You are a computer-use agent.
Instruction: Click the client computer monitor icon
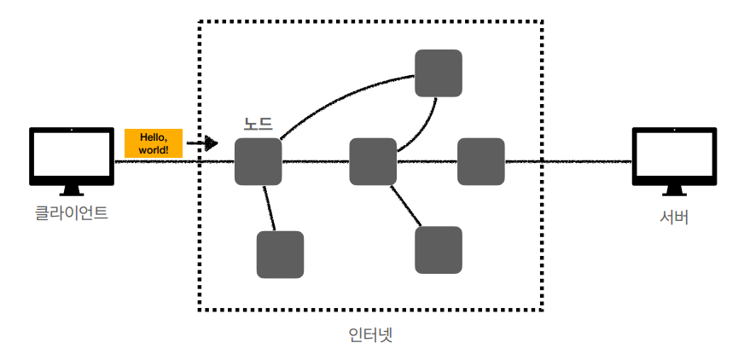pos(72,155)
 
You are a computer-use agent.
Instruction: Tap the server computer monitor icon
pos(673,155)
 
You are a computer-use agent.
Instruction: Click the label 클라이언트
pos(72,212)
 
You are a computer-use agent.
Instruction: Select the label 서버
pos(674,217)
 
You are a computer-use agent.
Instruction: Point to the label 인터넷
pos(371,334)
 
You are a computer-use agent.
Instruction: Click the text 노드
pos(259,125)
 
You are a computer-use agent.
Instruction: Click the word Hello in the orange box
pos(154,136)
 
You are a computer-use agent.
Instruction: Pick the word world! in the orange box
pos(154,150)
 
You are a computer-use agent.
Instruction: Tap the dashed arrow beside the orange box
pos(203,143)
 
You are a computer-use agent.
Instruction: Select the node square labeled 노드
pos(259,161)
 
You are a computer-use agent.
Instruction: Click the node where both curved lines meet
pos(438,73)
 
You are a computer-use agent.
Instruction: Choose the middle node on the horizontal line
pos(373,161)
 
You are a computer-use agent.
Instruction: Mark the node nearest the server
pos(481,161)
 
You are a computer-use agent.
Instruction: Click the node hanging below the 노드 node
pos(280,254)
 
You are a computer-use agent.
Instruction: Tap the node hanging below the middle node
pos(438,250)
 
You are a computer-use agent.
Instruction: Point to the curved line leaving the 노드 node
pos(341,91)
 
